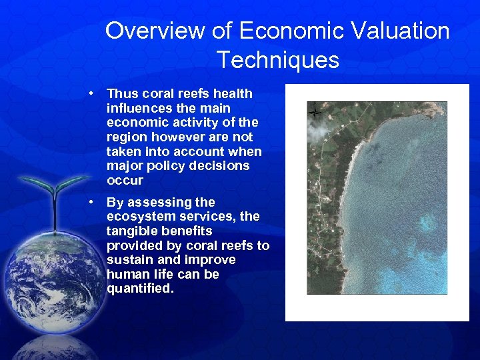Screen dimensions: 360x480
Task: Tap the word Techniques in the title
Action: (x=277, y=60)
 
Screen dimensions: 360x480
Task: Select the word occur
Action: (x=125, y=181)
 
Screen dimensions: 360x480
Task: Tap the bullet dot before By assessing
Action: (x=96, y=202)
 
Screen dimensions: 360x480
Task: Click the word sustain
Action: (x=128, y=260)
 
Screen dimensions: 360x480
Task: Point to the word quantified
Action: (x=140, y=289)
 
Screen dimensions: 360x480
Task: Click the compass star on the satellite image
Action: (x=315, y=113)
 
